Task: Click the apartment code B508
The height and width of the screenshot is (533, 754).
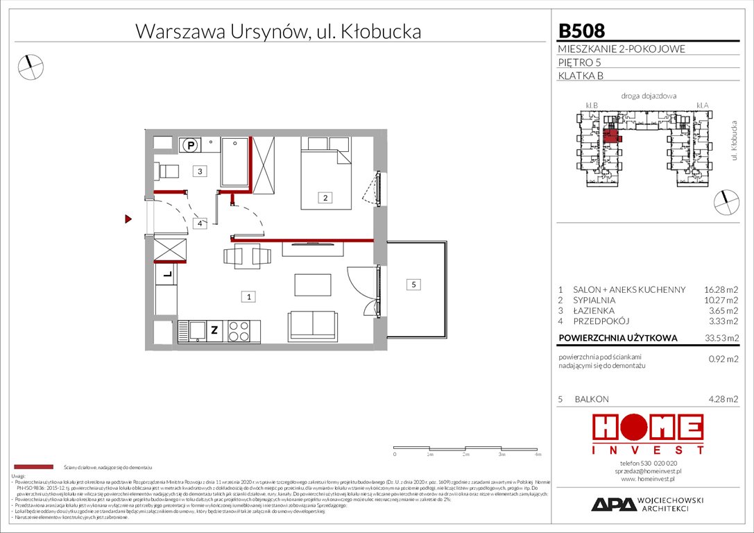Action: [581, 31]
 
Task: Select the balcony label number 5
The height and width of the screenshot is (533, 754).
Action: [413, 285]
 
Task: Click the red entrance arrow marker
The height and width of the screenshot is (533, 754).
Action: [128, 219]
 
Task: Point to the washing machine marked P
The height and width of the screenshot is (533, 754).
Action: [189, 146]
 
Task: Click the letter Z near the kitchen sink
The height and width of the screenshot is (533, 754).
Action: [214, 331]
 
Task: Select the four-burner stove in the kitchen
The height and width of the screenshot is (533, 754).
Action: [239, 331]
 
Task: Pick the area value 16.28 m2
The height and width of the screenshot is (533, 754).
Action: [720, 289]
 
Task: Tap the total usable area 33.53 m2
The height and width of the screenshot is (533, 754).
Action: [720, 339]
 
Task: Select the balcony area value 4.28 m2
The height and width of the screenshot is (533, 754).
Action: [721, 399]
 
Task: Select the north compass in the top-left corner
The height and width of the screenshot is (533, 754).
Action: [30, 66]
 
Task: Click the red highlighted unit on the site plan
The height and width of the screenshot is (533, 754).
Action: [611, 135]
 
